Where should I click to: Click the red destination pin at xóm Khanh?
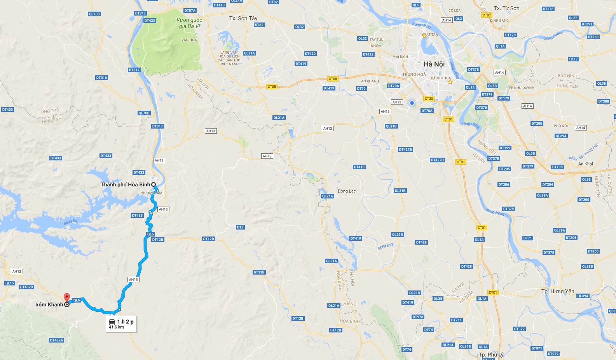point(66,297)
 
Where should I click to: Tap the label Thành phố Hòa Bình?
point(125,184)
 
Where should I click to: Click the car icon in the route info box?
point(112,322)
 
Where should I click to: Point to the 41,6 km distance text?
point(116,327)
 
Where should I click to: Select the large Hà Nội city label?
point(434,64)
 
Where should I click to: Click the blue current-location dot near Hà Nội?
point(412,103)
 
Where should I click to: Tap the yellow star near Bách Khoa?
point(450,82)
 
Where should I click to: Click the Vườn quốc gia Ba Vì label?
point(189,23)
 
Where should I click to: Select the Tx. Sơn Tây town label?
point(243,18)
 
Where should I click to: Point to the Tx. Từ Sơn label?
point(506,8)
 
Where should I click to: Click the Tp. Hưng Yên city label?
point(558,291)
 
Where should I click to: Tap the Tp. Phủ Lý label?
point(491,355)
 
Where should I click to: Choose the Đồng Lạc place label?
point(347,191)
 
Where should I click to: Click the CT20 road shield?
point(429,99)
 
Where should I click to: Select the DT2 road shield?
point(240,227)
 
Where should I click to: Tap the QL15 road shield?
point(10,283)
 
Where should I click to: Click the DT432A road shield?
point(56,340)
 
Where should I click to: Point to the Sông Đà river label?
point(70,222)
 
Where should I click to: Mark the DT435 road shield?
point(137,216)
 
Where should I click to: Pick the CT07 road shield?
point(487,15)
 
